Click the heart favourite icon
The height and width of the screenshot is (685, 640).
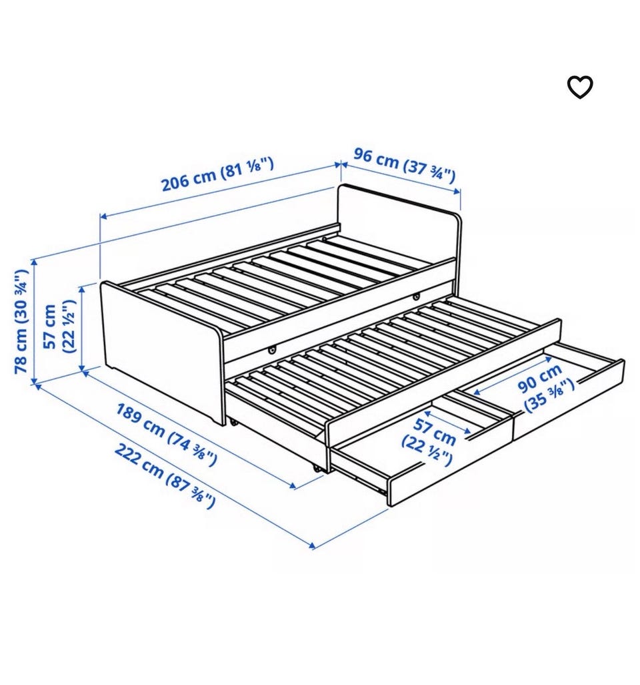click(579, 87)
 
